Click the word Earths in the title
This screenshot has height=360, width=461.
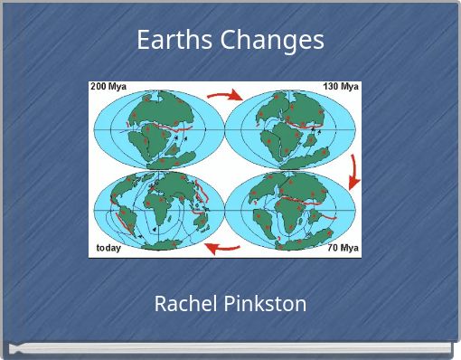(x=167, y=40)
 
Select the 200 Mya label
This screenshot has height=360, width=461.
(x=108, y=87)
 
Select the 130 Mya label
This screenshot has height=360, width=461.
(x=342, y=87)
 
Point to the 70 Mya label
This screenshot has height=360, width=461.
(x=343, y=248)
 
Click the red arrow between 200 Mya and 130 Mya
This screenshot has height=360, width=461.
(x=224, y=93)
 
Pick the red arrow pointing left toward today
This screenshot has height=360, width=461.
(x=221, y=246)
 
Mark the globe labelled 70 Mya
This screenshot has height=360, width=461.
(x=287, y=210)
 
